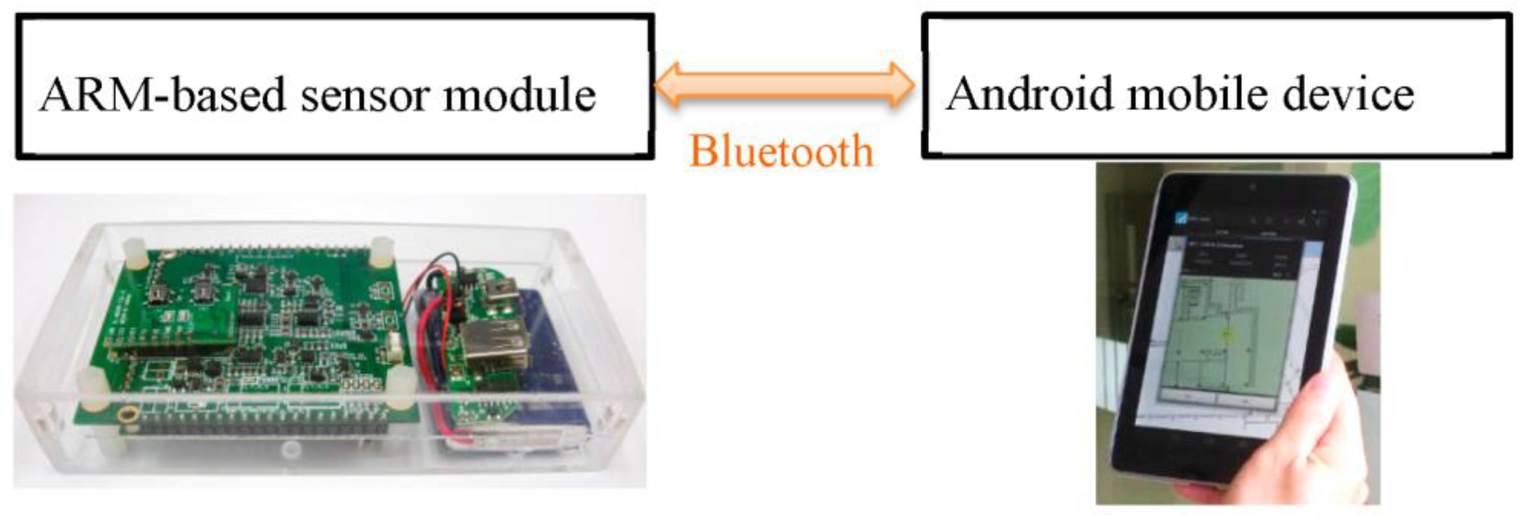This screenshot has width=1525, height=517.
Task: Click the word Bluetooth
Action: (x=781, y=151)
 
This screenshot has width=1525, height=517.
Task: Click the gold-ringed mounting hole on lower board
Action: (x=126, y=415)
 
